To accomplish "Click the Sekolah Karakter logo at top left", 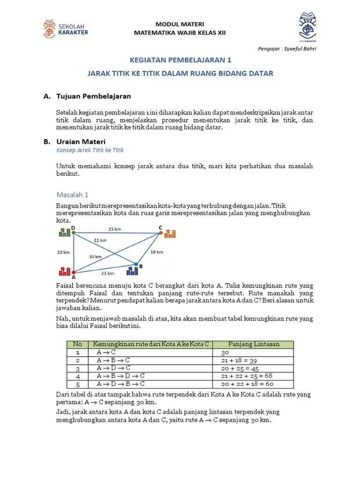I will pos(65,28).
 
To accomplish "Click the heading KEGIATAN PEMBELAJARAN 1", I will pos(180,60).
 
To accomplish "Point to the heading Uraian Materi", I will pos(81,141).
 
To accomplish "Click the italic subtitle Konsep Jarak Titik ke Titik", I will pos(90,150).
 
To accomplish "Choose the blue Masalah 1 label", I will pos(72,195).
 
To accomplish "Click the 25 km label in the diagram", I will pos(115,229).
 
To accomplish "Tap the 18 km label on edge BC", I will pos(157,252).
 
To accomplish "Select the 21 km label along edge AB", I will pos(108,273).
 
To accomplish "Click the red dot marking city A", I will pos(73,272).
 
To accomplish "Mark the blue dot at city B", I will pos(136,264).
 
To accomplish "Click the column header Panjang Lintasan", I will pos(254,344).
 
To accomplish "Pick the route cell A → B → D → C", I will pos(120,376).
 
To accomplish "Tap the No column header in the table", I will pos(77,344).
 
